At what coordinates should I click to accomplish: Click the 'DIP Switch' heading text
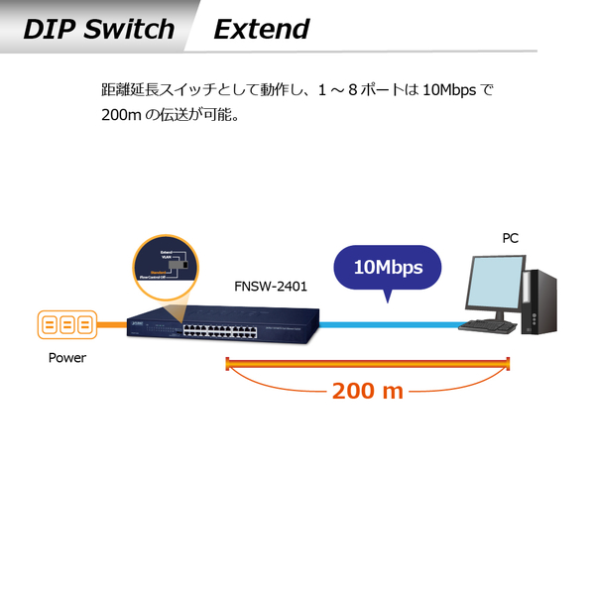(x=99, y=29)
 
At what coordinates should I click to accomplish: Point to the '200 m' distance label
(x=368, y=391)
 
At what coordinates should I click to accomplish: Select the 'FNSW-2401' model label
(x=271, y=287)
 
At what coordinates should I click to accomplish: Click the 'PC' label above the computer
(x=510, y=238)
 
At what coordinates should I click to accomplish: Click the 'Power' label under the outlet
(x=67, y=358)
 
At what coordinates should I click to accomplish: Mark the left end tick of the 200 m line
(x=227, y=362)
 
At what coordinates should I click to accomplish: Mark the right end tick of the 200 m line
(x=508, y=362)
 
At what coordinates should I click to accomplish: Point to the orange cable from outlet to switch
(x=113, y=325)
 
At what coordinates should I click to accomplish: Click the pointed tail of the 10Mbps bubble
(x=387, y=297)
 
